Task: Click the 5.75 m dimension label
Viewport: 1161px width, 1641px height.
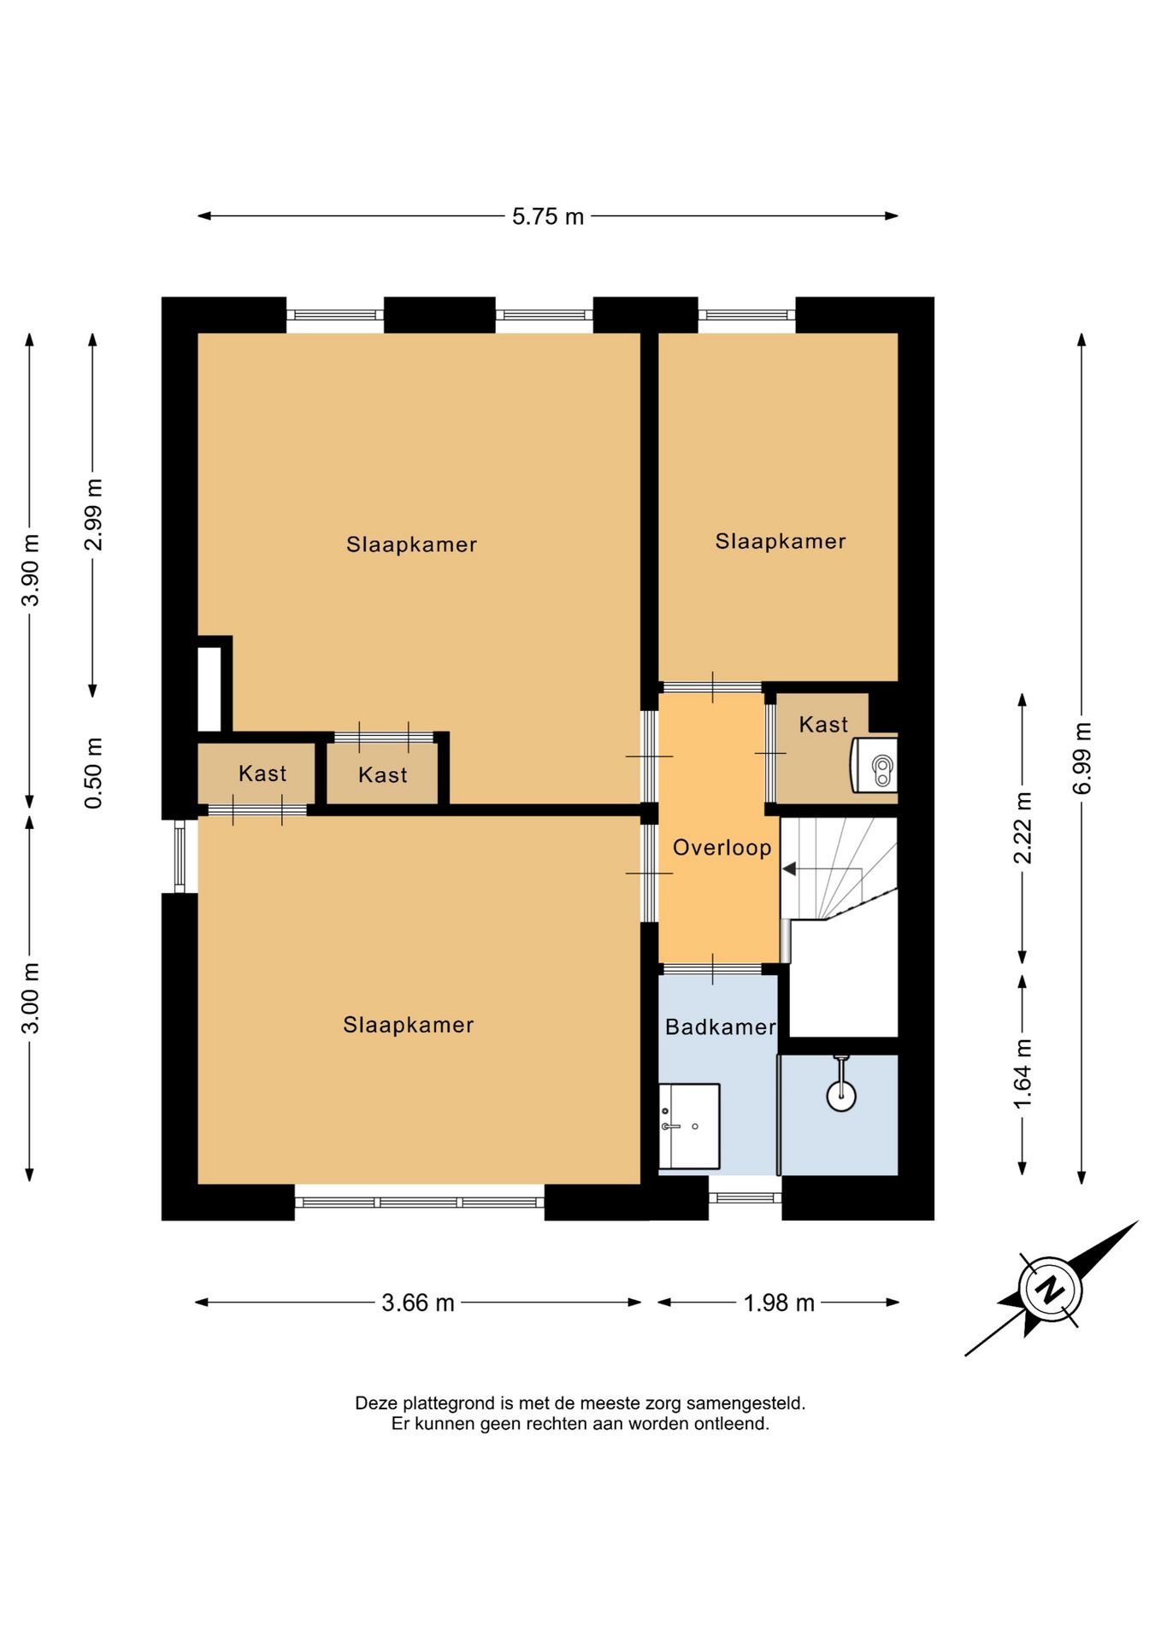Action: point(548,217)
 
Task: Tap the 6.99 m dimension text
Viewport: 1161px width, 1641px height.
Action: point(1082,758)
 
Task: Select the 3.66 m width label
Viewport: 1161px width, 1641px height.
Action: point(418,1303)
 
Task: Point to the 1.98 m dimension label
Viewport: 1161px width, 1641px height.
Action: point(779,1303)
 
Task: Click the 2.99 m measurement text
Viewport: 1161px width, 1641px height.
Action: point(93,515)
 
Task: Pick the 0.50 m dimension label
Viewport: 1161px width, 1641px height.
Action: point(93,773)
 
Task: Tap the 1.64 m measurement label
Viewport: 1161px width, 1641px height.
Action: point(1023,1073)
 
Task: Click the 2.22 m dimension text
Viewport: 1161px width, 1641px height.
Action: point(1023,828)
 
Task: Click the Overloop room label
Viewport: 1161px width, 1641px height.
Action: point(722,848)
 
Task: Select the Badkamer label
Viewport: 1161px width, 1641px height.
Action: point(721,1026)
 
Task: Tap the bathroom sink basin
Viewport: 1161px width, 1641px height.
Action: point(689,1126)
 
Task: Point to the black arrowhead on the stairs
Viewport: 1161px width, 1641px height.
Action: point(789,869)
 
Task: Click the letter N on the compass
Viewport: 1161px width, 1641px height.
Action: point(1050,1289)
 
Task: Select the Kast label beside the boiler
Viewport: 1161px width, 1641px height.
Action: point(823,725)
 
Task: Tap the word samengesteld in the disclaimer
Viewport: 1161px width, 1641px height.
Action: point(746,1403)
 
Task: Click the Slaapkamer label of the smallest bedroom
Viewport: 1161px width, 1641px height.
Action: point(781,541)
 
